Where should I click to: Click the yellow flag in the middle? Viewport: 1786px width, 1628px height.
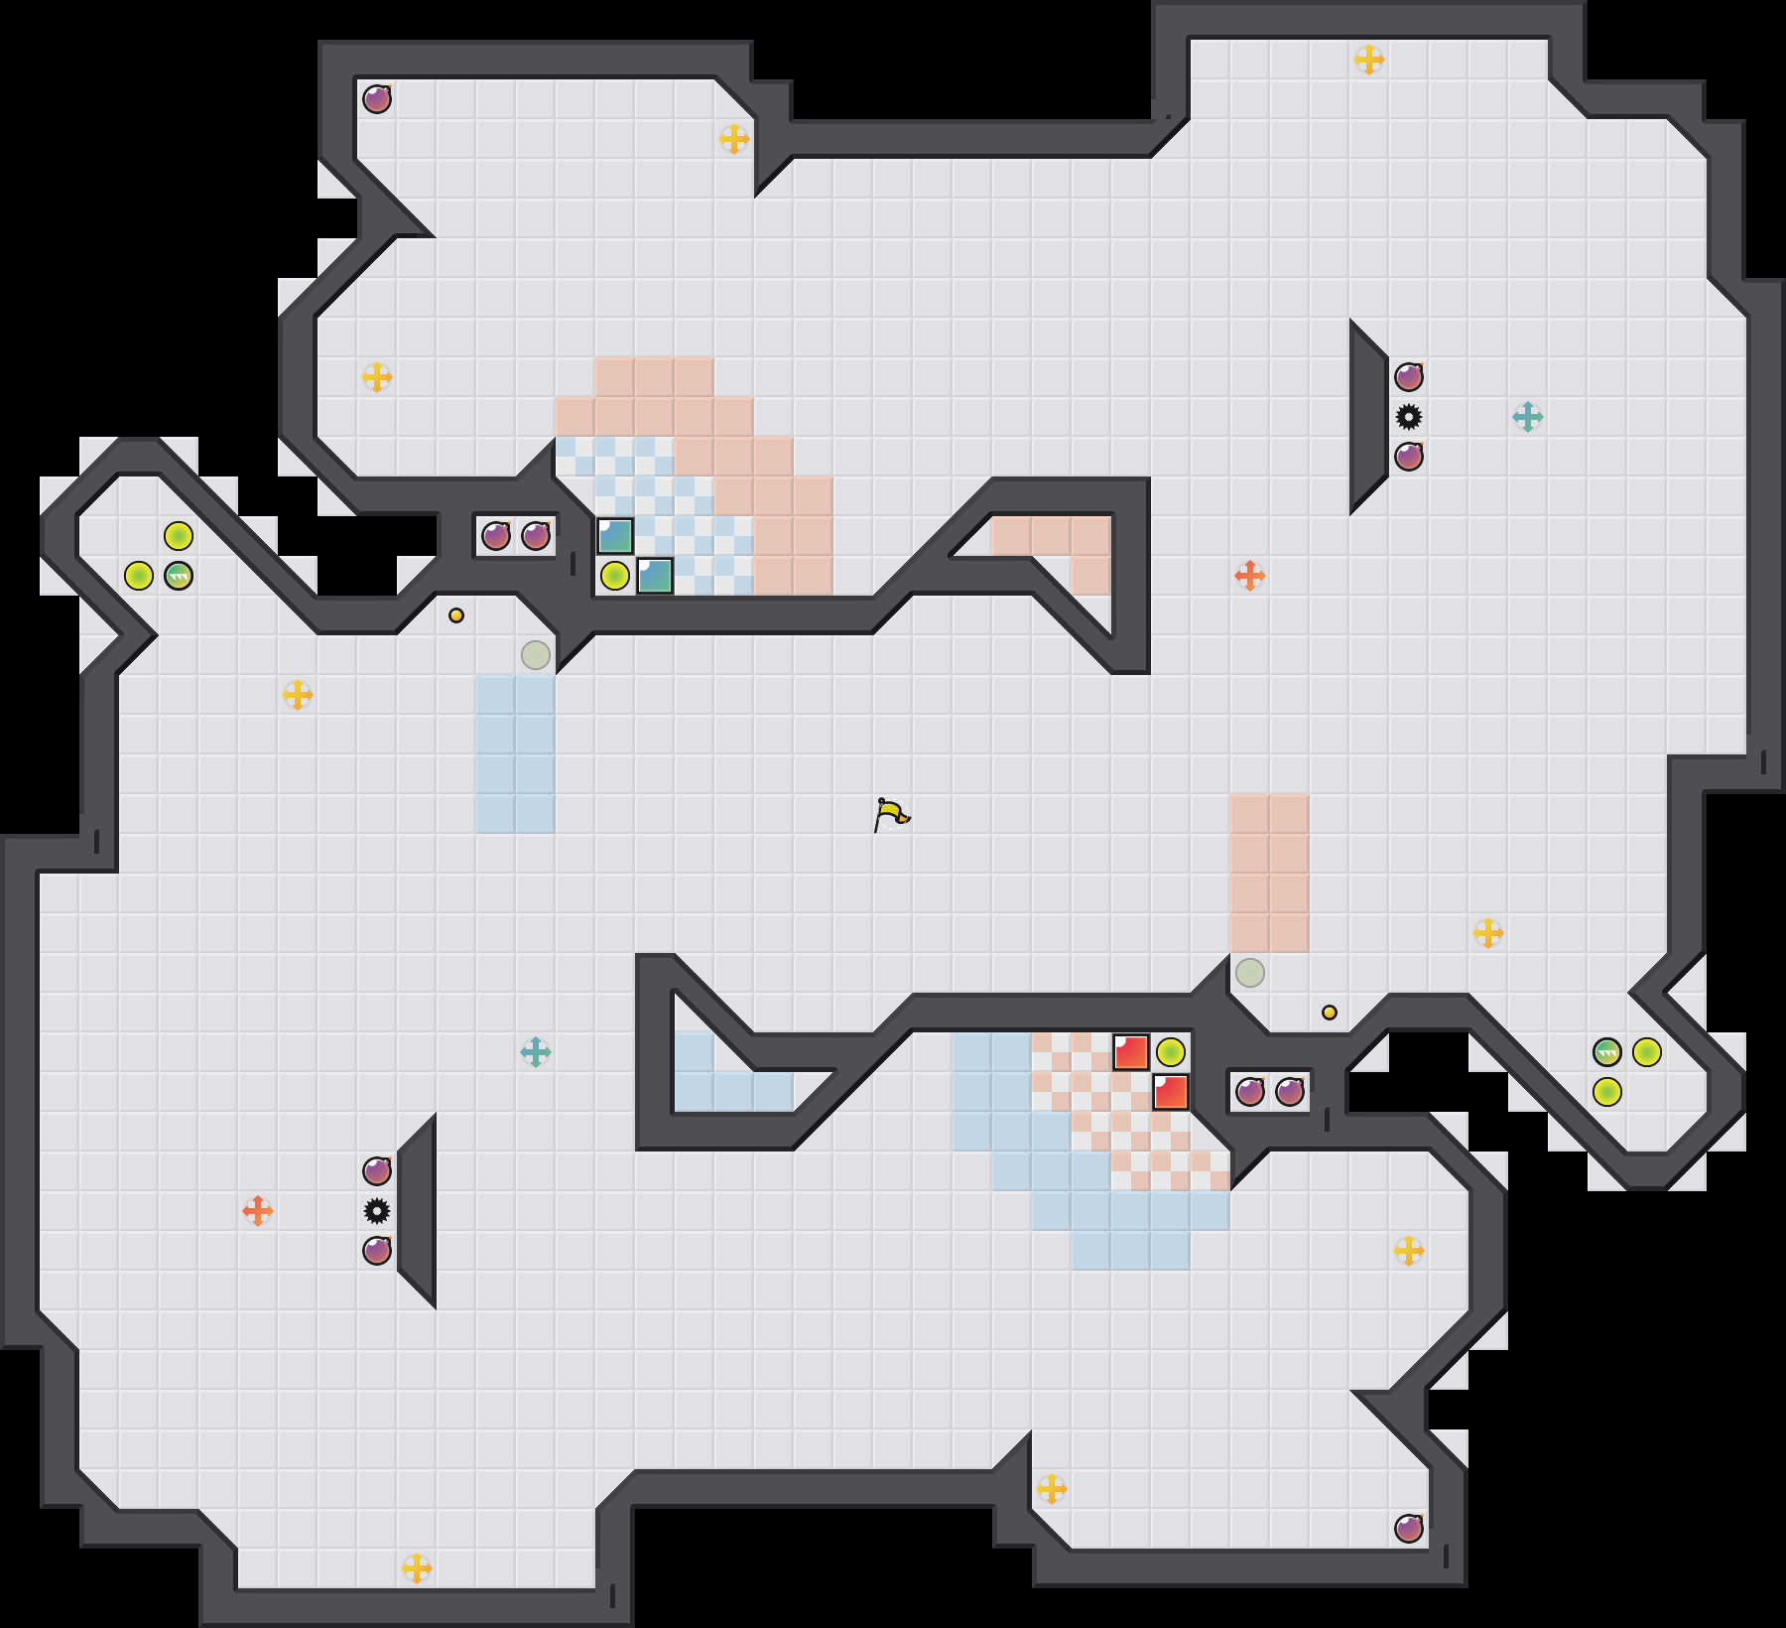(x=891, y=814)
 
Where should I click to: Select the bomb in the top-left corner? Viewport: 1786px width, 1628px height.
(x=377, y=99)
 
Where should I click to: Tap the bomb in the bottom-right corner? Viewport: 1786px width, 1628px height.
(x=1409, y=1529)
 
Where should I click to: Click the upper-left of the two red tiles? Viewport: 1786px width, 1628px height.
(x=1131, y=1052)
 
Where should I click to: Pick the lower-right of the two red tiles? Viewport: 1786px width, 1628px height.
(x=1171, y=1092)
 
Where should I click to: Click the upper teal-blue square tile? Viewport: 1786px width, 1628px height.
(x=615, y=536)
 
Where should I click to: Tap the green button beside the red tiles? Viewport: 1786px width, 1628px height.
(x=1171, y=1052)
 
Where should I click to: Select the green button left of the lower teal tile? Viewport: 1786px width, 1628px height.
(x=615, y=576)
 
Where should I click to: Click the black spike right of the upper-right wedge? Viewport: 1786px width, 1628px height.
(x=1409, y=417)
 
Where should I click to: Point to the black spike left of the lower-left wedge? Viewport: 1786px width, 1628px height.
(x=377, y=1211)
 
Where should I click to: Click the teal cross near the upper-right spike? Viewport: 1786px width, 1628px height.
(x=1528, y=417)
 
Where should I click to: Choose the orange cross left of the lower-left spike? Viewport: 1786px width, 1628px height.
(x=258, y=1211)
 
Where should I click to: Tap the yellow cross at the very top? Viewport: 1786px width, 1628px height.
(x=1369, y=60)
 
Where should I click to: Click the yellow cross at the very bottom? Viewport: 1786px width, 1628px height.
(x=417, y=1568)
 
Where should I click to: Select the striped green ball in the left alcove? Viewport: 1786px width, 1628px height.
(x=179, y=576)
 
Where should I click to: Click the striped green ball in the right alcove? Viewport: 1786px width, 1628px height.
(x=1607, y=1052)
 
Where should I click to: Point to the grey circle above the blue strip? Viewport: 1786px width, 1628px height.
(x=536, y=655)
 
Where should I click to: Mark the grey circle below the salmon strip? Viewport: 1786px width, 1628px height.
(x=1250, y=973)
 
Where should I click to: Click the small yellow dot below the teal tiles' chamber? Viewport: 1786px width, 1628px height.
(x=456, y=615)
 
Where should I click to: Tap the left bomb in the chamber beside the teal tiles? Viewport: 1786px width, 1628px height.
(x=496, y=536)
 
